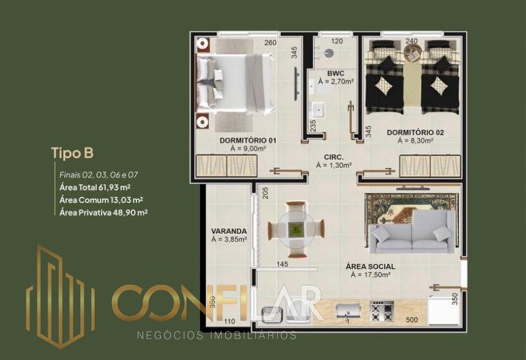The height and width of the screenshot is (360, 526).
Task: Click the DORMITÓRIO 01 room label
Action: coord(248,140)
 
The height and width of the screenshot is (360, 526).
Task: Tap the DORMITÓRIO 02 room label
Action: coord(415,132)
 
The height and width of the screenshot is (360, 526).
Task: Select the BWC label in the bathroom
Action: coord(336,73)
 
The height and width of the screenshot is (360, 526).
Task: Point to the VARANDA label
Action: coord(229,231)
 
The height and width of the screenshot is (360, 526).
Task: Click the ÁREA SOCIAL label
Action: coord(370,266)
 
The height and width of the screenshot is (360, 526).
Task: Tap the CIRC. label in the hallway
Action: coord(334,157)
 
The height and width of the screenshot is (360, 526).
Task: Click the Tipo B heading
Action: coord(72,153)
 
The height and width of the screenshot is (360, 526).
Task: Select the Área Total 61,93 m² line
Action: coord(95,187)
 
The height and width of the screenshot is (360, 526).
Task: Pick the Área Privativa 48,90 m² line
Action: coord(104,212)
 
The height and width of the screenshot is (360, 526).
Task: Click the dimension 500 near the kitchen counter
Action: coord(412,319)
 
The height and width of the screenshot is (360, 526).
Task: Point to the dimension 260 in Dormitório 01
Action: coord(270,42)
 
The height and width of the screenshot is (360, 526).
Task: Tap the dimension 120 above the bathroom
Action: coord(337,41)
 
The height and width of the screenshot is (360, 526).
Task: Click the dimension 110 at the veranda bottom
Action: coord(230,321)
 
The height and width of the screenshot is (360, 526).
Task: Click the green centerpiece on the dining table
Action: coord(296,230)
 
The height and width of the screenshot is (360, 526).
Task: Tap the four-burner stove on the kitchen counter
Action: coord(382,312)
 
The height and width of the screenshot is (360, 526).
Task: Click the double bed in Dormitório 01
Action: coord(235,83)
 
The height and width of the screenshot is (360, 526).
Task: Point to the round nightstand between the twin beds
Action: coord(412,53)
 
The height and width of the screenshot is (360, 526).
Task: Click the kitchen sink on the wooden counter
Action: coord(349,311)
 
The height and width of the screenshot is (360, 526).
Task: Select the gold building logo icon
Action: coord(60,297)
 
